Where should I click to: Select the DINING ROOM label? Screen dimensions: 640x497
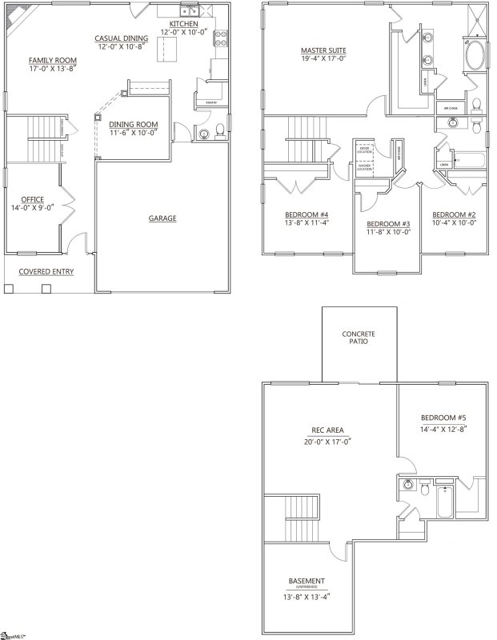[x=133, y=124]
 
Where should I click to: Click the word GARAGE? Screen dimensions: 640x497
[x=162, y=218]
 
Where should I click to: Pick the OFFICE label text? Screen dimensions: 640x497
[x=33, y=199]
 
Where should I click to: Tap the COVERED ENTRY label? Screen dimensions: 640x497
[x=46, y=271]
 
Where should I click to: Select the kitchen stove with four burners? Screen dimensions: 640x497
[x=220, y=36]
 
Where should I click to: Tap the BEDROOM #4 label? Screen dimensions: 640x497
[x=307, y=214]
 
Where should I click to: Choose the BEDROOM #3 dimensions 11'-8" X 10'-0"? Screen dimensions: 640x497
[x=388, y=234]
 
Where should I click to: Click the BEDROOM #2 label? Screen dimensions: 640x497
[x=455, y=214]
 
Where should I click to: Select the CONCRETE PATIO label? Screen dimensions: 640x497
[x=359, y=338]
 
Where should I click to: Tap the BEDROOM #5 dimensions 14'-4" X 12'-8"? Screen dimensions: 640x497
[x=443, y=429]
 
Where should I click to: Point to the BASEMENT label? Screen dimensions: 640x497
[x=307, y=581]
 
